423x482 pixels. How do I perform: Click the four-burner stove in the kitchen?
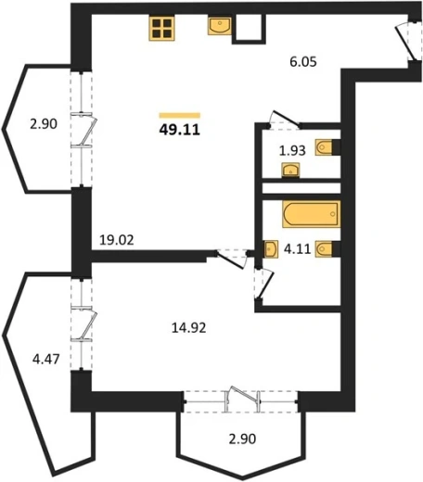pyautogui.click(x=161, y=28)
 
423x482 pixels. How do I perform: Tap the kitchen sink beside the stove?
pyautogui.click(x=220, y=26)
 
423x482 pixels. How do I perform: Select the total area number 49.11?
pyautogui.click(x=180, y=130)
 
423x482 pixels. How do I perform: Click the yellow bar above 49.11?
pyautogui.click(x=180, y=116)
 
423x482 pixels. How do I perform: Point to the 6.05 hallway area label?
pyautogui.click(x=303, y=62)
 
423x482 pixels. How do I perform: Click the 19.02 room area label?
pyautogui.click(x=117, y=240)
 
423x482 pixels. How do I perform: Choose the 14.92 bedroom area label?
pyautogui.click(x=188, y=328)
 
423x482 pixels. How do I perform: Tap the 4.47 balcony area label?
pyautogui.click(x=46, y=360)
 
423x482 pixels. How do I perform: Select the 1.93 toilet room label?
pyautogui.click(x=292, y=151)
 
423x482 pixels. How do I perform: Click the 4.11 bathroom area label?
pyautogui.click(x=297, y=248)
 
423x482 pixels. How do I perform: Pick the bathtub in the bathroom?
pyautogui.click(x=312, y=214)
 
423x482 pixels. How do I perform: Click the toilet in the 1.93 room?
pyautogui.click(x=327, y=147)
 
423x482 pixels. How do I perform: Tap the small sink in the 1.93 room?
pyautogui.click(x=290, y=171)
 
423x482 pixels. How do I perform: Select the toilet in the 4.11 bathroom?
pyautogui.click(x=327, y=248)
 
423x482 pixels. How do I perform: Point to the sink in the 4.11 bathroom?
pyautogui.click(x=271, y=248)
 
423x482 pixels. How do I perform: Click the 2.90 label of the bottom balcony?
pyautogui.click(x=242, y=438)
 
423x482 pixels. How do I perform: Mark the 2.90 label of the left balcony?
pyautogui.click(x=44, y=124)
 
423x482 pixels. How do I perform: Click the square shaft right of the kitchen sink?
pyautogui.click(x=249, y=29)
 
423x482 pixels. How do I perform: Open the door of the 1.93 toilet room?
pyautogui.click(x=284, y=120)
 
